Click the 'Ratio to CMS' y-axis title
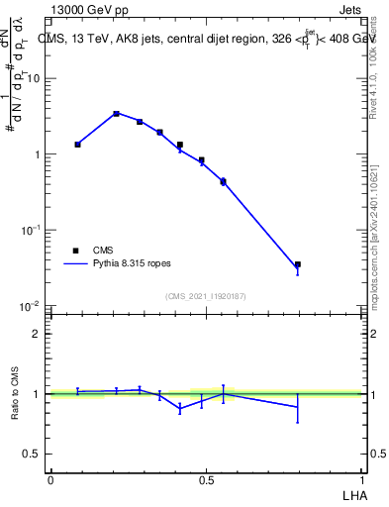tap(16, 393)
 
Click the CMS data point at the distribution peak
tap(117, 114)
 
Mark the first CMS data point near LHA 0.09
tap(77, 145)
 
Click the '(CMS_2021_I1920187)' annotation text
tap(206, 296)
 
